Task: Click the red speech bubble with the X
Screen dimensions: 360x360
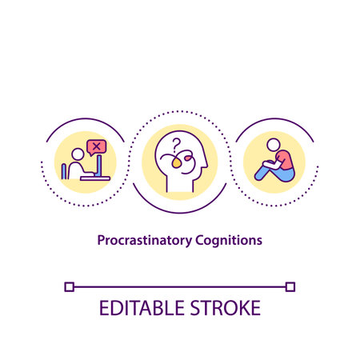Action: coord(97,146)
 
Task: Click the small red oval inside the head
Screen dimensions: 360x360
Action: coord(189,160)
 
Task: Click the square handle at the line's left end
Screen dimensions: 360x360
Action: coord(70,286)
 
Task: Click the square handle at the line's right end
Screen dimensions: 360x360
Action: coord(290,286)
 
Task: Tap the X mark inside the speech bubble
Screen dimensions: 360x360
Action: coord(97,146)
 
